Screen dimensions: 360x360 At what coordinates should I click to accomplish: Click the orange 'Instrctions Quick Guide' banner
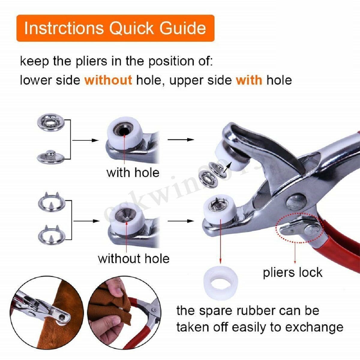tap(115, 28)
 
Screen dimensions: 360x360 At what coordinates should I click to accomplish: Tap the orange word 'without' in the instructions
tap(108, 80)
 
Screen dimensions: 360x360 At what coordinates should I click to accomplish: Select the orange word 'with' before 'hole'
tap(249, 80)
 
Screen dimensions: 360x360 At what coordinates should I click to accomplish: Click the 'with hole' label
tap(133, 173)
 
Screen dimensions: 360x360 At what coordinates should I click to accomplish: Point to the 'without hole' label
tap(134, 258)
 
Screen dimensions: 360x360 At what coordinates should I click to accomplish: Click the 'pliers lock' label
tap(292, 272)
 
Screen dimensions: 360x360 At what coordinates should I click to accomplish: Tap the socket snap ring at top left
tap(50, 122)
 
